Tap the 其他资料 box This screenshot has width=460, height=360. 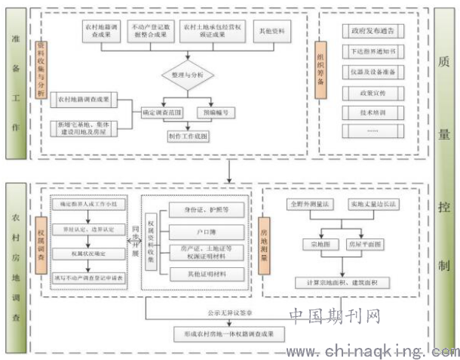pos(259,29)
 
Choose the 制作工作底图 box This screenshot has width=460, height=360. pos(188,137)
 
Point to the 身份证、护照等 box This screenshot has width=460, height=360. pos(205,208)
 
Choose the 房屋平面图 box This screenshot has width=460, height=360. pos(364,244)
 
